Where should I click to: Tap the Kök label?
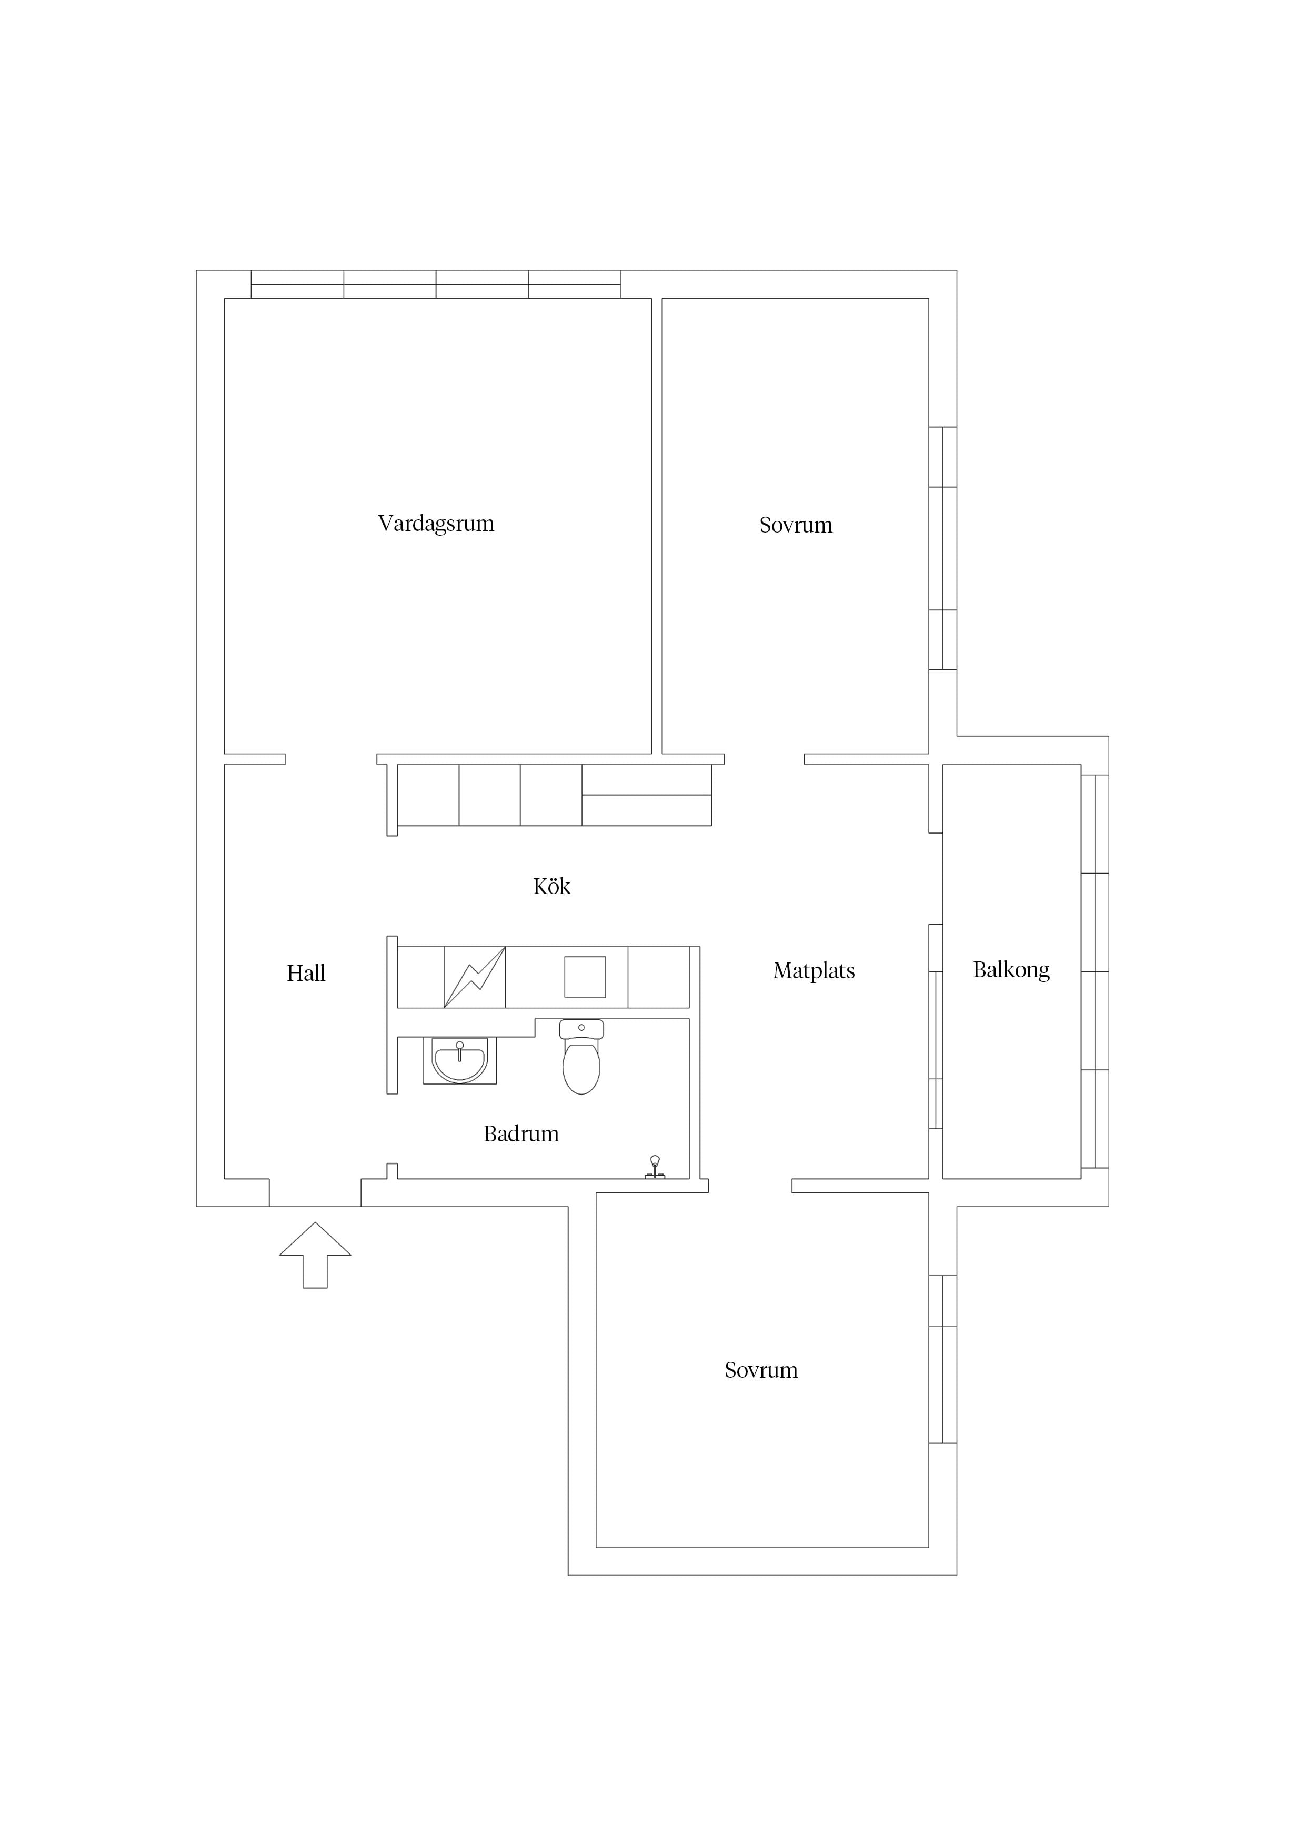[551, 886]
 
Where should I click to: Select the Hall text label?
[306, 973]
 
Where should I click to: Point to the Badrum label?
[521, 1133]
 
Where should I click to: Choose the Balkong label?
[1011, 970]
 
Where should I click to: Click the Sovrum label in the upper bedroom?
[796, 525]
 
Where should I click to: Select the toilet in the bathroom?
[581, 1057]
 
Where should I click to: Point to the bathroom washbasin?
[459, 1060]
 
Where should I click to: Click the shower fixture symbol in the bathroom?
[655, 1167]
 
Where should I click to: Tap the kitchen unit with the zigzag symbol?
[475, 977]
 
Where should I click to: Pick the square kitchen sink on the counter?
[585, 977]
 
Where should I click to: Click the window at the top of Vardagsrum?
[436, 285]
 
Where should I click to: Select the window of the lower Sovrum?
[942, 1359]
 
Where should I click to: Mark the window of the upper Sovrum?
[942, 548]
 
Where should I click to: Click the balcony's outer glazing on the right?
[1095, 971]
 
